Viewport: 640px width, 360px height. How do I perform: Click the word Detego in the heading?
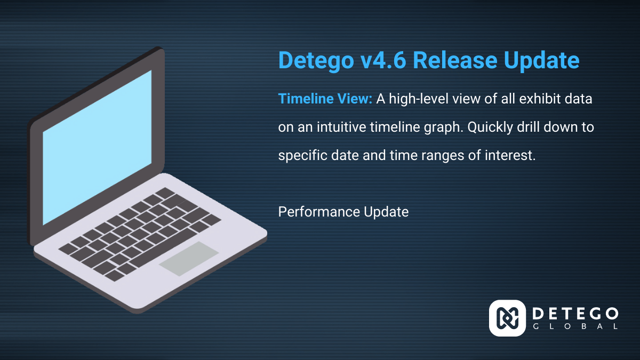tap(316, 60)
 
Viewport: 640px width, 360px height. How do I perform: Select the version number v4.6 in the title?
tap(383, 60)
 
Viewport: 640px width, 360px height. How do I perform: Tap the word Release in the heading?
tap(455, 60)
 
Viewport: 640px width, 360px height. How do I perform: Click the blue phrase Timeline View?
tap(325, 99)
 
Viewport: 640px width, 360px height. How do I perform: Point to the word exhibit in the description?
tap(539, 99)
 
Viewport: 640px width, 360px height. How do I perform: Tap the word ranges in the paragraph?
tap(443, 156)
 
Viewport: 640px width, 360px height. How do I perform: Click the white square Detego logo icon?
tap(507, 318)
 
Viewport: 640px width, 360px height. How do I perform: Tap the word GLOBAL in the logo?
tap(575, 326)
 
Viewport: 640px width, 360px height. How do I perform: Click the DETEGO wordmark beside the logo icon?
tap(575, 314)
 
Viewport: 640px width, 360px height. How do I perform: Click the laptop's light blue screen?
tap(97, 147)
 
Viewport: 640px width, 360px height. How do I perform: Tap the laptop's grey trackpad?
tap(189, 259)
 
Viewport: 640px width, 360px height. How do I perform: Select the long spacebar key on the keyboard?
tap(163, 247)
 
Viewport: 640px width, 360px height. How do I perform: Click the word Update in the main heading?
tap(541, 61)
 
